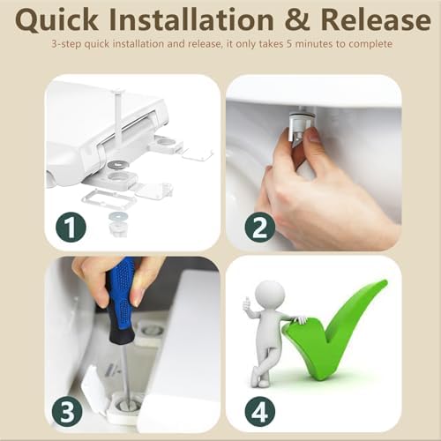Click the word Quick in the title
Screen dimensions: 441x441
[x=56, y=20]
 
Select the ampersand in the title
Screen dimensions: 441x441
[x=297, y=19]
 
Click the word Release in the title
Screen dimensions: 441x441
[x=376, y=19]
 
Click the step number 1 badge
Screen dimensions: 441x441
[x=71, y=227]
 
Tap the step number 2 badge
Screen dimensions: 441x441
[x=260, y=227]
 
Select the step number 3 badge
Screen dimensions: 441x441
[x=67, y=412]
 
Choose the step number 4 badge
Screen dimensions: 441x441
[x=260, y=412]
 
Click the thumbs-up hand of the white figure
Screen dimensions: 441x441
[x=247, y=304]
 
